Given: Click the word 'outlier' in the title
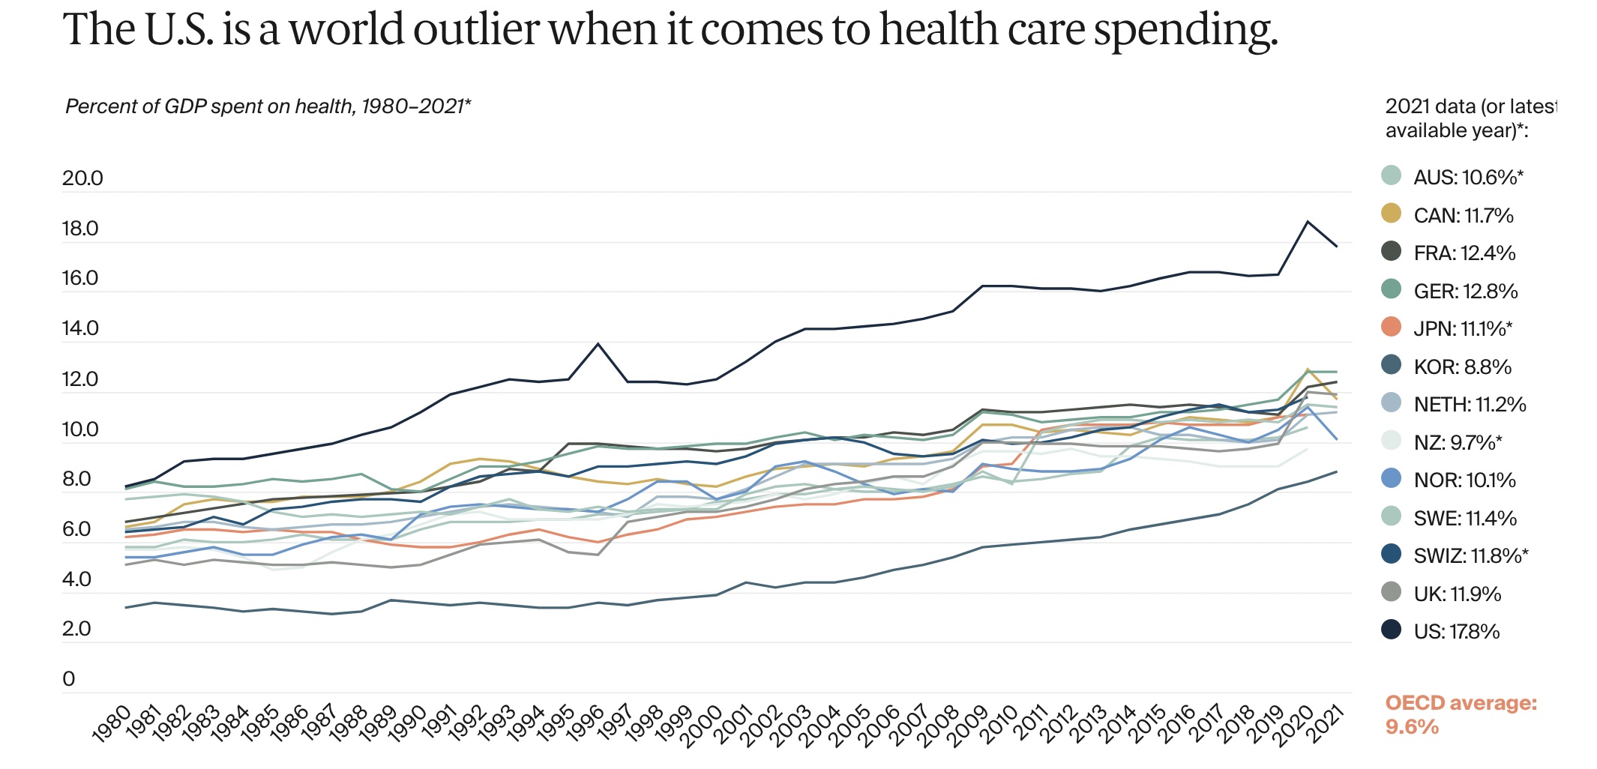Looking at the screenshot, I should click(x=476, y=30).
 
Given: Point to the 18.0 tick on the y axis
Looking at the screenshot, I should click(x=80, y=229).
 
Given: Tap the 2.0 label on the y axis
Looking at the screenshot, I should click(x=76, y=629).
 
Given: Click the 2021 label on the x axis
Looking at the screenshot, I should click(x=1325, y=723).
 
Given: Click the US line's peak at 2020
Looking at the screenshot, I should click(x=1308, y=222).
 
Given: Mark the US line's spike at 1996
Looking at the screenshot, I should click(x=598, y=344).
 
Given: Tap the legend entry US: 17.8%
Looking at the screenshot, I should click(x=1456, y=632).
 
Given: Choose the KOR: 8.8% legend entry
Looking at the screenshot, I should click(x=1462, y=367).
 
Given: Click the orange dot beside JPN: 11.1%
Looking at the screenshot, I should click(x=1391, y=327).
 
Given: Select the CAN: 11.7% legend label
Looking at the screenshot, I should click(x=1463, y=216).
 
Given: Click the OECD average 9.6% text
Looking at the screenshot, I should click(x=1460, y=714).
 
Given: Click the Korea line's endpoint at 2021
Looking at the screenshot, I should click(x=1336, y=471).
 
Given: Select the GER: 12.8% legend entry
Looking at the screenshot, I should click(x=1465, y=292).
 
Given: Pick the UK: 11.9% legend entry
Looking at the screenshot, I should click(x=1457, y=594).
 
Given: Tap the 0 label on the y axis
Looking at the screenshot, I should click(x=69, y=679).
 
